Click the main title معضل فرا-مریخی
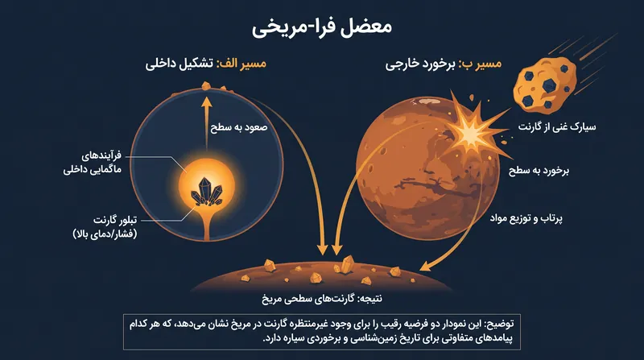tap(321, 27)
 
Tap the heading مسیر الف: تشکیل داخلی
tap(205, 64)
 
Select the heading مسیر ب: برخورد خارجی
tap(444, 64)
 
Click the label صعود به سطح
tap(238, 127)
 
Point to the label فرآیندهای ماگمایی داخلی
tap(93, 163)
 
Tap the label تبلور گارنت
tap(115, 221)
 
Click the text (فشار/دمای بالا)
tap(105, 234)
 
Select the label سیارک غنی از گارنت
tap(557, 126)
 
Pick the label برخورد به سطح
tap(539, 170)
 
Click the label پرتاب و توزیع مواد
tap(526, 218)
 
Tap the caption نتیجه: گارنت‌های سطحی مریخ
tap(322, 298)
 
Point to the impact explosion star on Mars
tap(473, 130)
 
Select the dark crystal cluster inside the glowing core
tap(207, 192)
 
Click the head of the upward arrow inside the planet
tap(207, 102)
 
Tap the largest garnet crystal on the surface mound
tap(348, 263)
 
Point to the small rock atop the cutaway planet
tap(206, 85)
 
